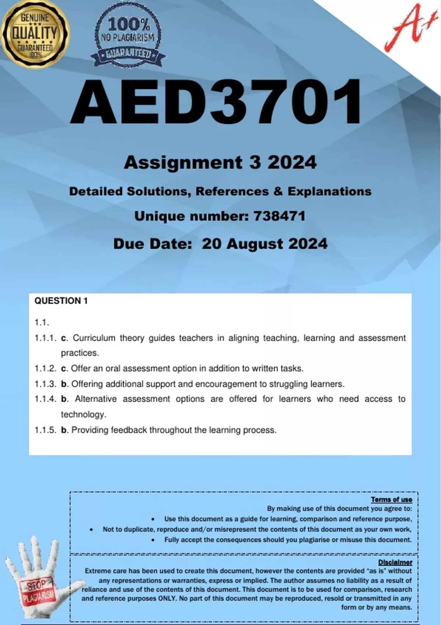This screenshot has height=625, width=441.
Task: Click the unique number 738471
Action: (x=279, y=216)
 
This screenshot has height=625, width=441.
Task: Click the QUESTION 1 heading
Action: (x=61, y=301)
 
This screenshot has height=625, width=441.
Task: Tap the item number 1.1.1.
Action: (x=45, y=338)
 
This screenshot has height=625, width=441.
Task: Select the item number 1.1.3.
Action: (x=45, y=384)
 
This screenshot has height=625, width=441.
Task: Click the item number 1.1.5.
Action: (x=45, y=430)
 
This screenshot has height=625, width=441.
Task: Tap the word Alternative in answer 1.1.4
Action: (x=96, y=399)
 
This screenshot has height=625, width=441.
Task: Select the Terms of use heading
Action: (x=391, y=499)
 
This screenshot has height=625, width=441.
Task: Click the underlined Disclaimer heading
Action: (x=395, y=562)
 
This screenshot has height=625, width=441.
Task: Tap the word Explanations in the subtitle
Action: (x=329, y=192)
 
